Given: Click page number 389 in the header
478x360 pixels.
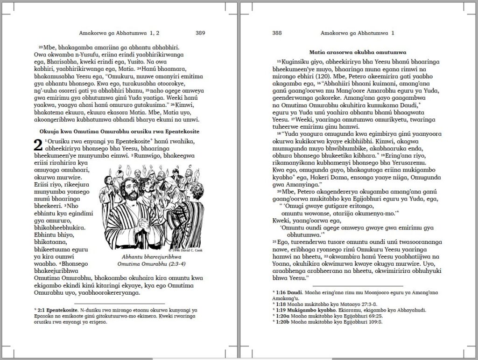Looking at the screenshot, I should pyautogui.click(x=200, y=33).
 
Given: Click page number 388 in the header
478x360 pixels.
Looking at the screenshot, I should pyautogui.click(x=277, y=33).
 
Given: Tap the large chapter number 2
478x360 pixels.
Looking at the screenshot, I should pyautogui.click(x=38, y=145).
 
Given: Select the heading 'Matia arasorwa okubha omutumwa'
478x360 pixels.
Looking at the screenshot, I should pyautogui.click(x=358, y=52).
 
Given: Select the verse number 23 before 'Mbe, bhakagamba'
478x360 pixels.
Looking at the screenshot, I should pyautogui.click(x=41, y=48).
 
